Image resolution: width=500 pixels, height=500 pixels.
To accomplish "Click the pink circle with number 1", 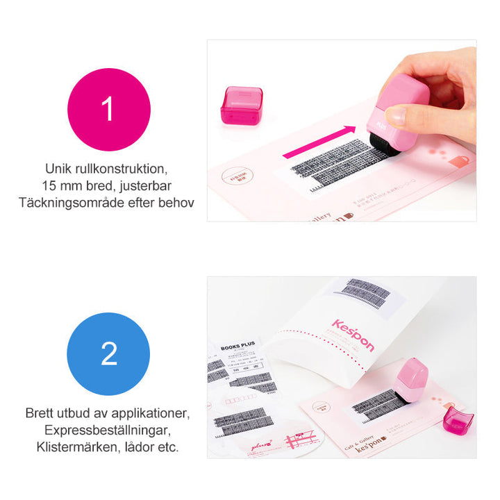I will click(x=108, y=109).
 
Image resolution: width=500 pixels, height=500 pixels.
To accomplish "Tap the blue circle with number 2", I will click(x=108, y=353).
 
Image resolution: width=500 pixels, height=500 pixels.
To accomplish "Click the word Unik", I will click(x=58, y=169).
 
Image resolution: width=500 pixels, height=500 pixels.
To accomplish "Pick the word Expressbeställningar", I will click(x=108, y=430).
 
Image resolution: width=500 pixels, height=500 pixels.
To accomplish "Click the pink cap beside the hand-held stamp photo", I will click(x=241, y=106).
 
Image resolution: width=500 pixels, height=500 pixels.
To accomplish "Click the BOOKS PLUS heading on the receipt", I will click(x=238, y=348).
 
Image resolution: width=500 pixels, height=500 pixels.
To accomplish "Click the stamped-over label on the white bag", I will click(x=363, y=292).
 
